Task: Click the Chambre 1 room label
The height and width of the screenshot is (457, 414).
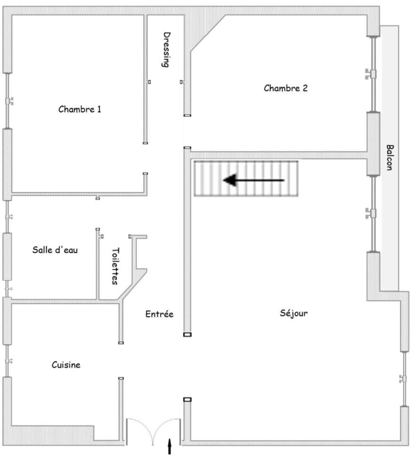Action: (x=80, y=109)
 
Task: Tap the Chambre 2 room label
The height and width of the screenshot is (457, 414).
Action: (x=285, y=88)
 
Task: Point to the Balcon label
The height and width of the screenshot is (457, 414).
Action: (x=389, y=157)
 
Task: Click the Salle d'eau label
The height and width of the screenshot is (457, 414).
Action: (x=55, y=250)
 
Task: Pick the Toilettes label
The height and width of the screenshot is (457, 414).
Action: (x=115, y=266)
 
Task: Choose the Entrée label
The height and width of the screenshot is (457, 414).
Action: (x=159, y=314)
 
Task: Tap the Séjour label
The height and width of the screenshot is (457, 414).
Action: (x=293, y=313)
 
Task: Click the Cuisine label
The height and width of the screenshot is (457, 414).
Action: (x=66, y=365)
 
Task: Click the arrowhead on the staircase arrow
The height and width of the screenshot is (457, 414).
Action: (x=229, y=180)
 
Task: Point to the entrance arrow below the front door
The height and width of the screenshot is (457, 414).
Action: (x=170, y=446)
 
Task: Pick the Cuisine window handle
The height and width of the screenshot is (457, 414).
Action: (x=9, y=361)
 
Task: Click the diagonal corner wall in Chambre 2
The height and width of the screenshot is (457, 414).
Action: (x=208, y=33)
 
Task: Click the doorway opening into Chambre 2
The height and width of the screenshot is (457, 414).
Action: (x=187, y=132)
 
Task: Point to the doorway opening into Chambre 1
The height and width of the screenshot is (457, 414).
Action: (x=145, y=158)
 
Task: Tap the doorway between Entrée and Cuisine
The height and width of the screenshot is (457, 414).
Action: (x=121, y=361)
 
